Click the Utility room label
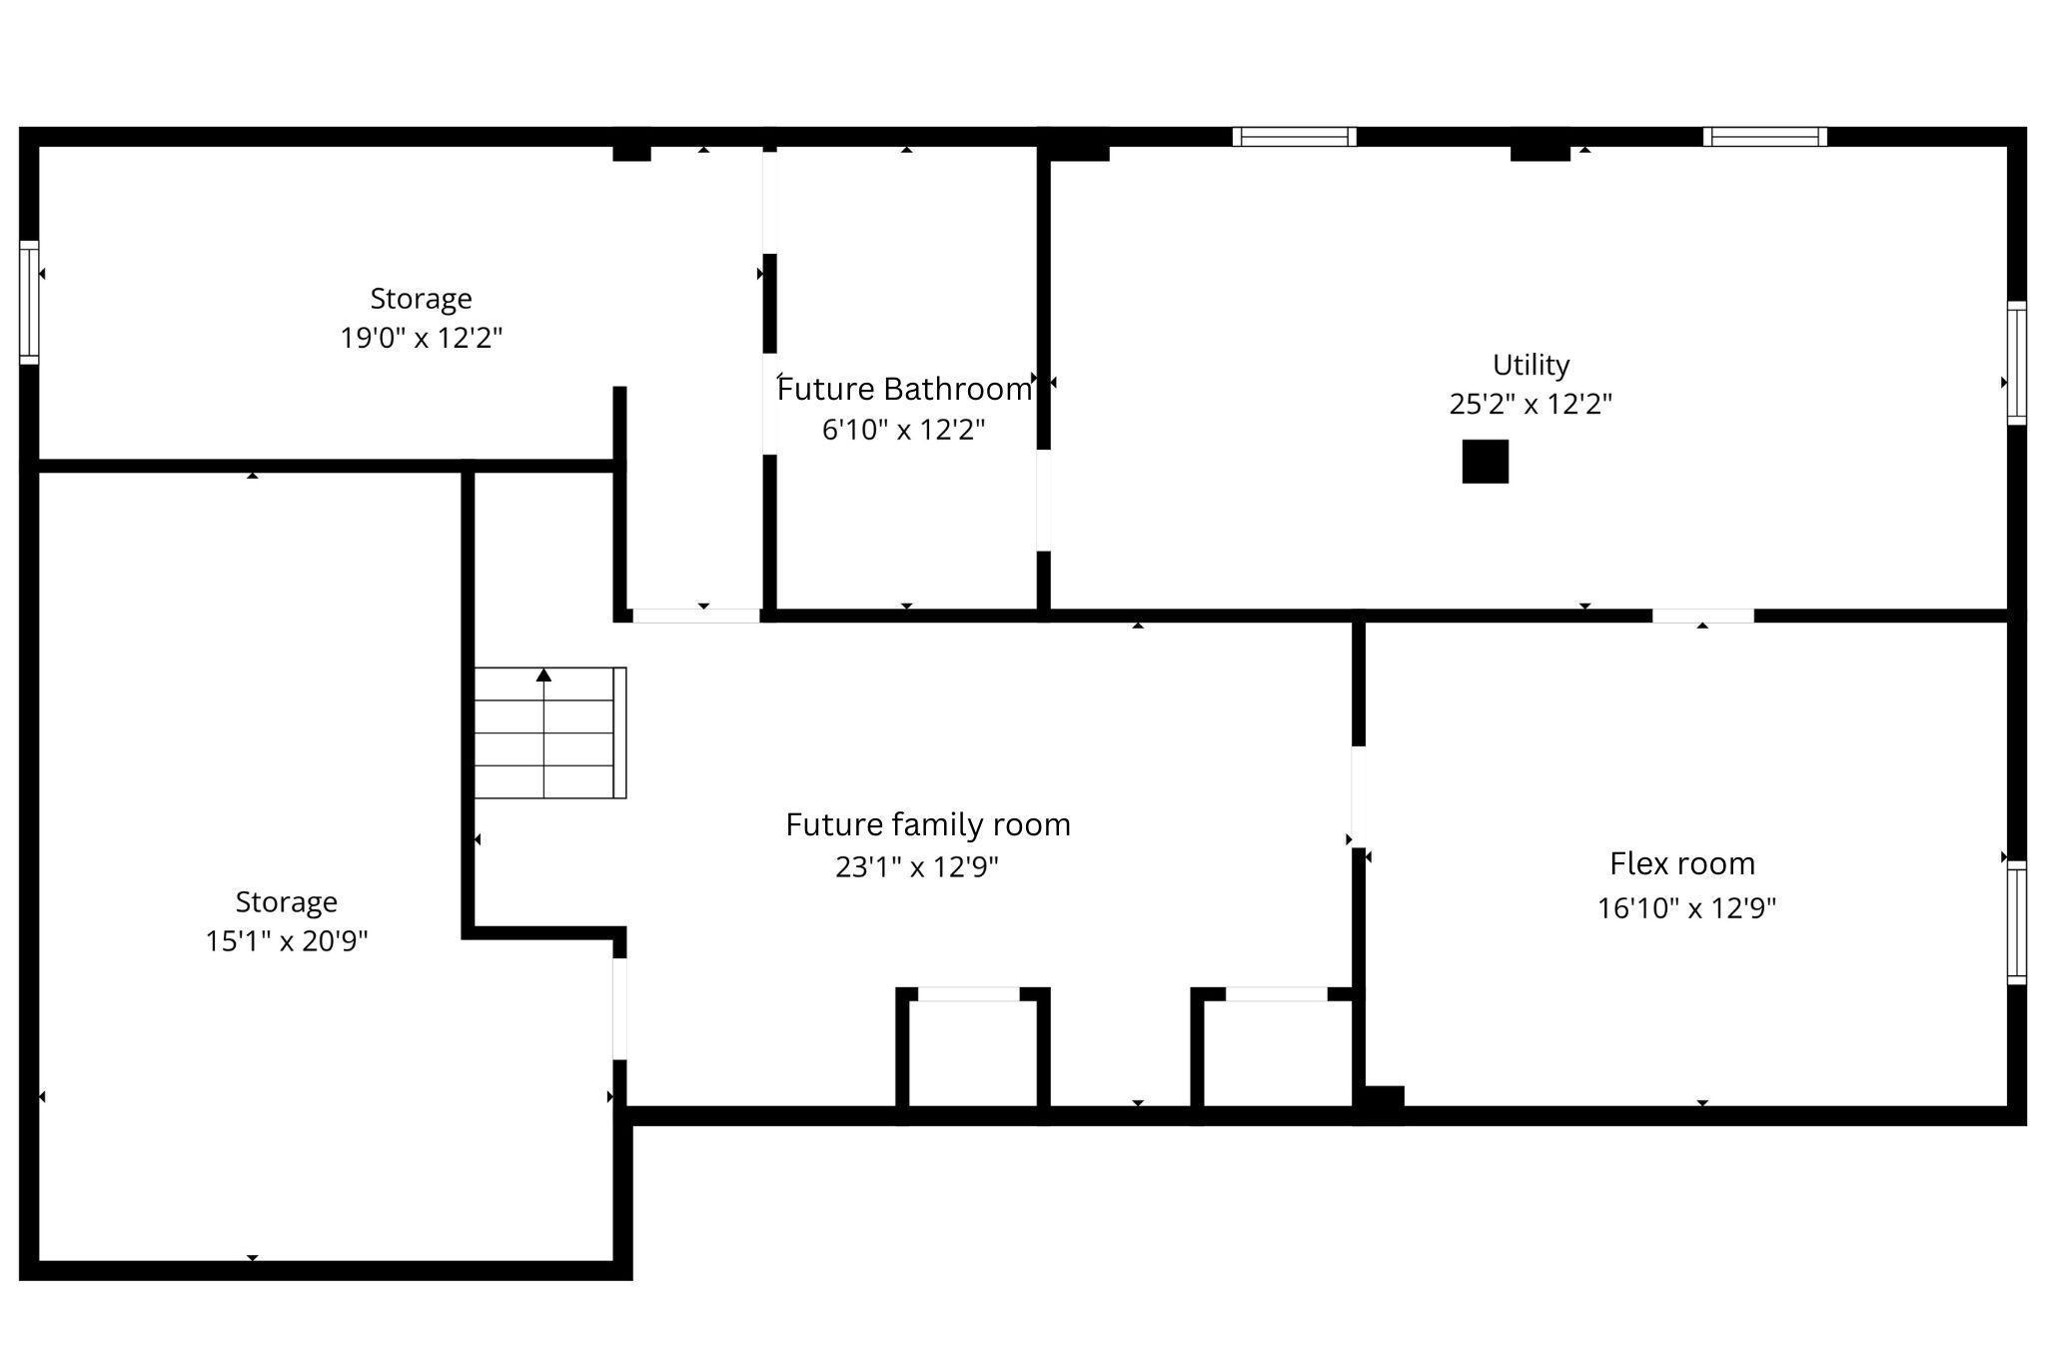[x=1531, y=365]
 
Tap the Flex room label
[x=1682, y=863]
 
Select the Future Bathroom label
[x=904, y=389]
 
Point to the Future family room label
[x=928, y=824]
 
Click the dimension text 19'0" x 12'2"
[x=421, y=338]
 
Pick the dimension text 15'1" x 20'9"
[x=287, y=941]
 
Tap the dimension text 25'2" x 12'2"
[x=1531, y=404]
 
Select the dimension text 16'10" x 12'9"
[x=1686, y=908]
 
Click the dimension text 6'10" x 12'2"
[x=903, y=430]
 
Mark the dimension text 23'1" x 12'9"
[x=917, y=866]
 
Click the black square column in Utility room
[x=1486, y=462]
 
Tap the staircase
[x=549, y=732]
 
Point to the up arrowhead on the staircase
[x=543, y=676]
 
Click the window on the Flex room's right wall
[x=2017, y=922]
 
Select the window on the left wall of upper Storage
[x=29, y=302]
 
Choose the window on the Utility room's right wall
[x=2017, y=363]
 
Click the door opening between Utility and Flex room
[x=1702, y=616]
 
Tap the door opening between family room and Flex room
[x=1359, y=796]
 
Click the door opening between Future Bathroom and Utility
[x=1043, y=500]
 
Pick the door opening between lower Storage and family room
[x=619, y=1008]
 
